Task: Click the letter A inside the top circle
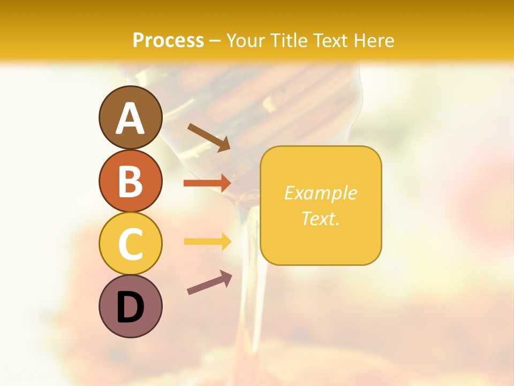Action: coord(130,118)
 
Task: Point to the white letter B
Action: coord(130,181)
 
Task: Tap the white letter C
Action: coord(130,244)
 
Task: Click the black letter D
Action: coord(130,307)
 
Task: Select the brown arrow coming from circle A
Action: coord(209,137)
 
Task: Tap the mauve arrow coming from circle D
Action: coord(209,283)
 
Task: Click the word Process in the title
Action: coord(168,41)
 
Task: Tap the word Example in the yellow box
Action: coord(321,193)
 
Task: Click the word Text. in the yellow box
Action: coord(321,218)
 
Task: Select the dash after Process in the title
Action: coord(215,41)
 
